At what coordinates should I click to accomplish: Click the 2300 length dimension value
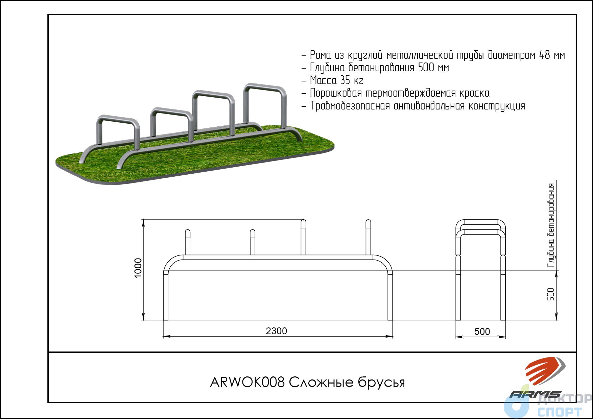point(276,331)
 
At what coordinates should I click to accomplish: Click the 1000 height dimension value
point(138,268)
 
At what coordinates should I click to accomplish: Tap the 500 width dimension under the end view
point(482,331)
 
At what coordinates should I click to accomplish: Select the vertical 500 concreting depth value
point(551,294)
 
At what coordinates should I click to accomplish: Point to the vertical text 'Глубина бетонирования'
point(551,225)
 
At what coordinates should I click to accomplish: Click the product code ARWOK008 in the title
point(247,382)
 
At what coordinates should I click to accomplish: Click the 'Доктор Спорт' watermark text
point(560,405)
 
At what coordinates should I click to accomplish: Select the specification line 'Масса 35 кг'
point(336,80)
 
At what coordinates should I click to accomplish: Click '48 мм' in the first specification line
point(552,55)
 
